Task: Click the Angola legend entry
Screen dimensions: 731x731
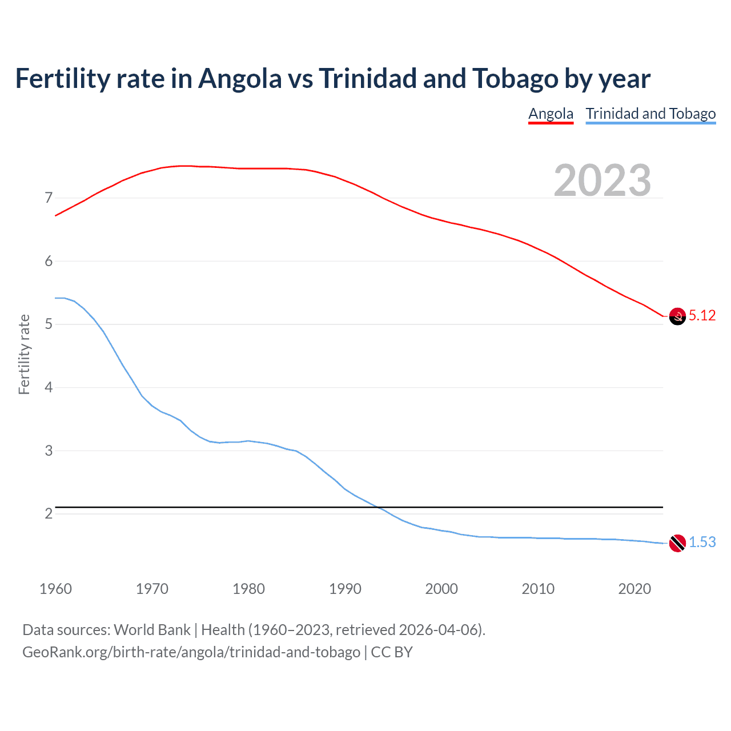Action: point(551,114)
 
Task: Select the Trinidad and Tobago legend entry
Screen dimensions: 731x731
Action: point(650,114)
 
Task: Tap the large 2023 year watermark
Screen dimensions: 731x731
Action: point(602,180)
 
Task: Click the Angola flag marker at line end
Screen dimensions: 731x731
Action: point(677,316)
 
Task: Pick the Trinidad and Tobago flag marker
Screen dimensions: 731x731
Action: point(677,543)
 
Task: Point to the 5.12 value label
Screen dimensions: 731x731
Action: point(702,316)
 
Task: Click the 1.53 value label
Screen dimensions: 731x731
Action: point(702,543)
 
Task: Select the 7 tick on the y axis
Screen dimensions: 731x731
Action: point(49,198)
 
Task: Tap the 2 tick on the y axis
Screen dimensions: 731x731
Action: point(49,514)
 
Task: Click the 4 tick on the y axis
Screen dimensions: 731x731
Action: point(49,388)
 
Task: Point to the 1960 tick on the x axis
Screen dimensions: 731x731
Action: point(55,589)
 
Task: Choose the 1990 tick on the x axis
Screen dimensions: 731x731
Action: point(345,589)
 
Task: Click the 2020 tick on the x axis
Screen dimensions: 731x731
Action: point(634,589)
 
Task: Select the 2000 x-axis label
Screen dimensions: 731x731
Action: point(441,589)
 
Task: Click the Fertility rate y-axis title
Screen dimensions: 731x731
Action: point(24,354)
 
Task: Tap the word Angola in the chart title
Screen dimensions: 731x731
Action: point(240,79)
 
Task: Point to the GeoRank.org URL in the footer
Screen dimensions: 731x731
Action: point(191,652)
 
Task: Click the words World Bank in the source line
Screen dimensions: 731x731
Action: point(152,630)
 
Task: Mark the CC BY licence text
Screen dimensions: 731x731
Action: point(392,652)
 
